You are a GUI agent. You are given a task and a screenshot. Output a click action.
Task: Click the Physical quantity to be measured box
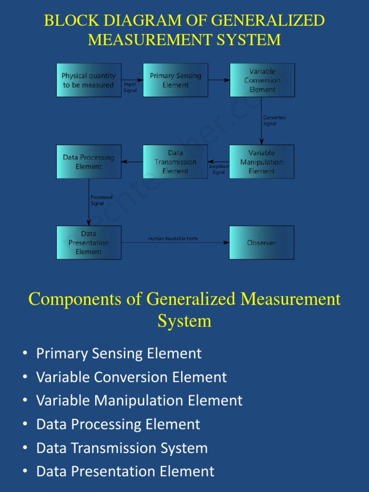coord(89,80)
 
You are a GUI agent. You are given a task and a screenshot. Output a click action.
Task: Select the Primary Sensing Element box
coord(175,80)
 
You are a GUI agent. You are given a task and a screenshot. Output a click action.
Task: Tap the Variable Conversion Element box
coord(262,80)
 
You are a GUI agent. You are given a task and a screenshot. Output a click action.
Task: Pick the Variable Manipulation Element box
coord(261,162)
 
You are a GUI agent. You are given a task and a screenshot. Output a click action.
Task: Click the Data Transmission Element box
coord(175,162)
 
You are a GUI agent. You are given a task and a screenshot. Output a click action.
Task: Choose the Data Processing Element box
coord(89,162)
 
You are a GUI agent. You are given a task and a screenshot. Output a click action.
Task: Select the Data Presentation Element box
coord(89,243)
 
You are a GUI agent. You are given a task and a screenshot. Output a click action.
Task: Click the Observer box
coord(261,243)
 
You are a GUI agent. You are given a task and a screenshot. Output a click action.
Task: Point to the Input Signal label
coord(130,87)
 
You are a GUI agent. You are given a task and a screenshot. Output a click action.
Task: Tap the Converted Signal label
coord(274,121)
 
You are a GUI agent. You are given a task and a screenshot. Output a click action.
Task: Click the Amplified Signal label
coord(219,169)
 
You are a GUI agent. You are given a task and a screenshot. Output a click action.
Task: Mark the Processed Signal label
coord(101,200)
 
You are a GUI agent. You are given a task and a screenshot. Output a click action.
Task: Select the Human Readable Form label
coord(172,239)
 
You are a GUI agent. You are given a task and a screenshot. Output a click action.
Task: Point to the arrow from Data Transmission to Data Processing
coord(132,162)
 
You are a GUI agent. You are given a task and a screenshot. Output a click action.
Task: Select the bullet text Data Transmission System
coord(122,448)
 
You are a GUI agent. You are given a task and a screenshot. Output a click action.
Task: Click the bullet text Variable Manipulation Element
coord(139,401)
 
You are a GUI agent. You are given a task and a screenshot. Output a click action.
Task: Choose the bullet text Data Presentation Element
coord(125,472)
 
